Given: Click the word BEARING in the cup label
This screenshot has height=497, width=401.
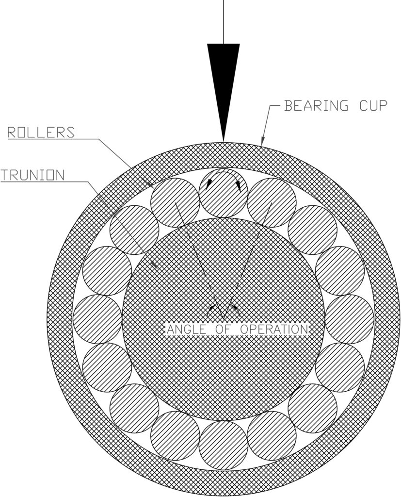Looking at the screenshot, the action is point(316,105).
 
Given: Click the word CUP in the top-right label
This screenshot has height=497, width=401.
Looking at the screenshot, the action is point(373,105).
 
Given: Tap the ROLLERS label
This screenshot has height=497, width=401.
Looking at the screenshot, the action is point(41,133).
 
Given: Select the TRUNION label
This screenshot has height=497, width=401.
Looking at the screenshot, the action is point(32,175).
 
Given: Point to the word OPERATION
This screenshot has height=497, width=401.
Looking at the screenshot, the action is point(274,330).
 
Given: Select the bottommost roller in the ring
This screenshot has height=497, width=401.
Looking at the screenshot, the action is point(224,446).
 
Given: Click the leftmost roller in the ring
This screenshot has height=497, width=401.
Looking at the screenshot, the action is point(97,319).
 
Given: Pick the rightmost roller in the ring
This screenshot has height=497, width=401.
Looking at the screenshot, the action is point(350,319).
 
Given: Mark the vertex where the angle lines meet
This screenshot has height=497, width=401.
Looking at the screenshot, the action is point(224,319).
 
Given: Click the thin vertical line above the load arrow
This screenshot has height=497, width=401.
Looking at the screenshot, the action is point(224,22).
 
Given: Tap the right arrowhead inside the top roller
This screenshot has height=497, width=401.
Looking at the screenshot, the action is point(239,186).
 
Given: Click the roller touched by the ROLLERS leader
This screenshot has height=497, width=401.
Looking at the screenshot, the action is point(175,203).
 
